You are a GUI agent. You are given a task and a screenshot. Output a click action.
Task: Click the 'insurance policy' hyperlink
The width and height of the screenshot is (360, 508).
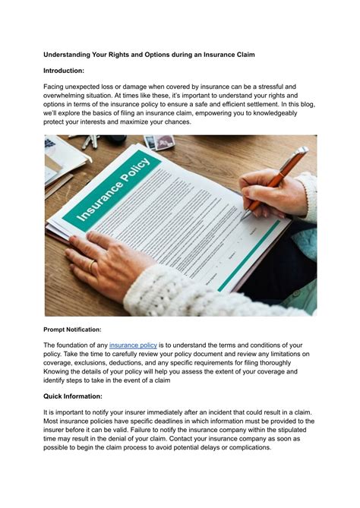coord(133,346)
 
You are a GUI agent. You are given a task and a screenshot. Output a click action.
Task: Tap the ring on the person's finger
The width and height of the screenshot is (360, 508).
coord(92,265)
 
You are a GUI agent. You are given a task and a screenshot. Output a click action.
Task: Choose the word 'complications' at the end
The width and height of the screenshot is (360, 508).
coord(243,447)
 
